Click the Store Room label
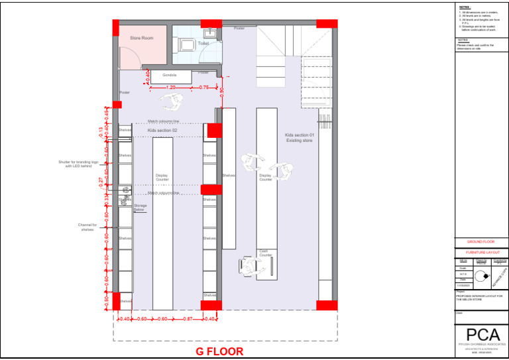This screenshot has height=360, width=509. (141, 38)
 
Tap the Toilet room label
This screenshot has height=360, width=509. (203, 43)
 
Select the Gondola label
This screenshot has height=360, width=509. (170, 75)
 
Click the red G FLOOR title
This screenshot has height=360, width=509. (219, 351)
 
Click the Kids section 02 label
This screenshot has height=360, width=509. (162, 131)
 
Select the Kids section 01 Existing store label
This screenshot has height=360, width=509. (299, 138)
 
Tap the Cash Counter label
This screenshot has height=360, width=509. (265, 253)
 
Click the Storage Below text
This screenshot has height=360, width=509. (140, 208)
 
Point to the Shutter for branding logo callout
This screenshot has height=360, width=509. (78, 164)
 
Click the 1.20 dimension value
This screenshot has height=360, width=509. (170, 88)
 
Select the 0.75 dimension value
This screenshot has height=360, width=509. (204, 88)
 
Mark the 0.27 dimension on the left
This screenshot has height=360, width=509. (101, 180)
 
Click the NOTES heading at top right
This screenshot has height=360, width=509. (464, 7)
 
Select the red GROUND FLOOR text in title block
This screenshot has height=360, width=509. (481, 242)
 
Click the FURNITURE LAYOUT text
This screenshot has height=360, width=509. (481, 253)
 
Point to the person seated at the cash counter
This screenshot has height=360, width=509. (249, 266)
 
